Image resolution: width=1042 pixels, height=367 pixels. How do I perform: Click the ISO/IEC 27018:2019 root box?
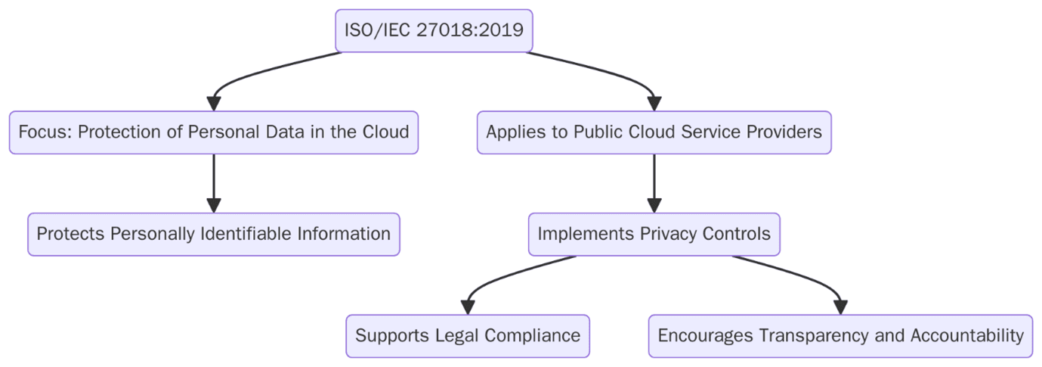coord(434,31)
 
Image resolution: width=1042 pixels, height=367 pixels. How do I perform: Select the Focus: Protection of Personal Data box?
coord(213,132)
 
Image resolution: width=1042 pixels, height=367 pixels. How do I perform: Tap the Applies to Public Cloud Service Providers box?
coord(654,132)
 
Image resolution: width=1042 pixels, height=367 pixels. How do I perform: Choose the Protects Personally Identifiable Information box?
coord(213,234)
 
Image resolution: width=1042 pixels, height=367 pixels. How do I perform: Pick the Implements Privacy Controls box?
coord(654,234)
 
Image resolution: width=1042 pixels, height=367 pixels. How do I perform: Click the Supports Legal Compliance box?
coord(467,335)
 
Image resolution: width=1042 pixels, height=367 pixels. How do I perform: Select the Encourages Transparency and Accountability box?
coord(840,335)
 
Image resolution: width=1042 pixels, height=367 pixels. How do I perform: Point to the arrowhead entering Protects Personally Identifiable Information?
coord(214,205)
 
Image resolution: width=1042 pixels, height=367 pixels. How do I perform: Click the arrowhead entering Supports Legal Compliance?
coord(468,306)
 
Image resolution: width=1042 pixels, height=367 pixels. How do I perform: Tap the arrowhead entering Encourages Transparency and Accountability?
coord(840,306)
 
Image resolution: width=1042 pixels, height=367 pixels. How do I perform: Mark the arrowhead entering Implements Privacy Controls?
coord(654,205)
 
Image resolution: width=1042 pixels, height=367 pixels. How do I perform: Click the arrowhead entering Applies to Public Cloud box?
coord(654,104)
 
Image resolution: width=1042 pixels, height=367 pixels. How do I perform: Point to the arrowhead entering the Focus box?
coord(214,104)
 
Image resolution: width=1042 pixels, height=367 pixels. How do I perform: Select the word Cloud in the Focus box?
coord(385,132)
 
